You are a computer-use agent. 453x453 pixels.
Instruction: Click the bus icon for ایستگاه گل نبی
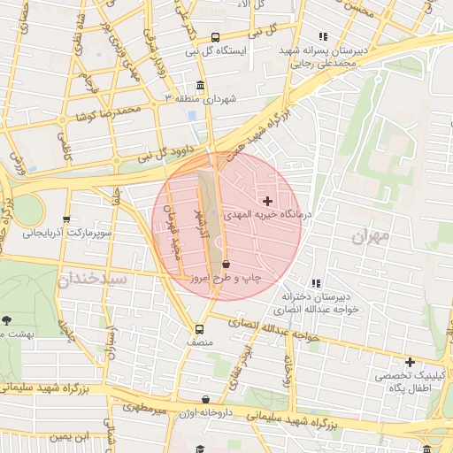(215, 37)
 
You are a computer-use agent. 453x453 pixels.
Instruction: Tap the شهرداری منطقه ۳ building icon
(201, 85)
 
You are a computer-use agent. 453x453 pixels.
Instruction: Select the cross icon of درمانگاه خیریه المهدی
(268, 202)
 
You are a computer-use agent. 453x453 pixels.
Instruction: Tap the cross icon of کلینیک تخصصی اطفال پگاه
(410, 362)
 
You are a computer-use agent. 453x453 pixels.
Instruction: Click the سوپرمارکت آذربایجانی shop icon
(66, 219)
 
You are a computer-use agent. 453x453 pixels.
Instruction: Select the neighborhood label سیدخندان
(94, 280)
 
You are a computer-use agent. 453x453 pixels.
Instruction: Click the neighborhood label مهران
(370, 236)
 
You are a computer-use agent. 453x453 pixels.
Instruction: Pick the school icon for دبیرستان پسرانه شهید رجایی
(323, 36)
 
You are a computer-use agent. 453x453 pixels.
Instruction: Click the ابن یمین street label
(70, 436)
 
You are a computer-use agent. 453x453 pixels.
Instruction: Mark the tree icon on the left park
(7, 319)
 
